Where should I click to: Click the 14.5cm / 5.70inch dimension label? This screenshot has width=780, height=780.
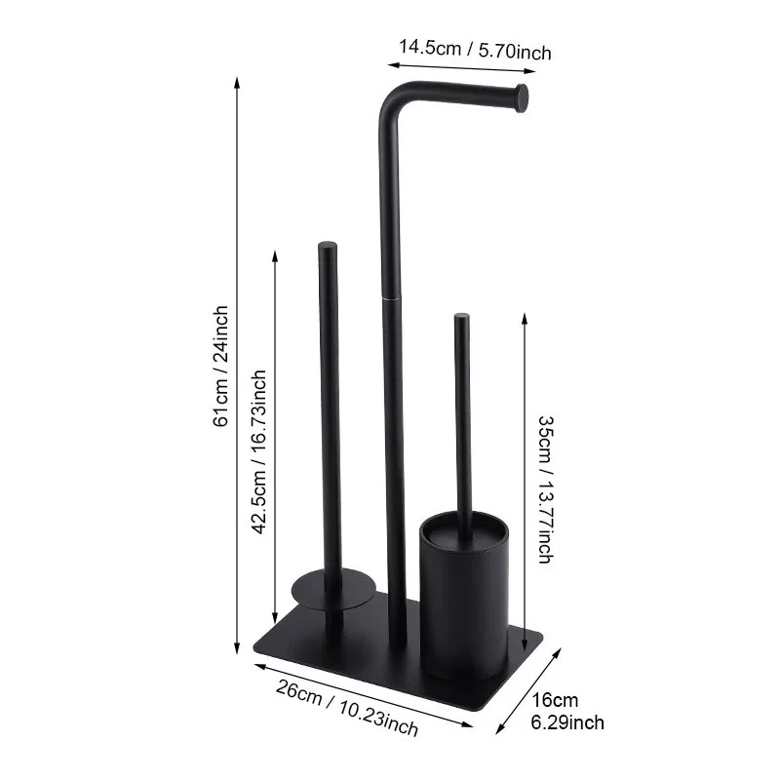pos(475,50)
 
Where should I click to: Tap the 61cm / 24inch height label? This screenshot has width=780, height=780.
pos(220,367)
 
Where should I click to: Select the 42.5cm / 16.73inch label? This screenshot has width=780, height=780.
pos(259,451)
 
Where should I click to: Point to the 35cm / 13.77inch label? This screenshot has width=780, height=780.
pos(546,489)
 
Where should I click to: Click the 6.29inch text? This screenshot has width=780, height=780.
pos(567,722)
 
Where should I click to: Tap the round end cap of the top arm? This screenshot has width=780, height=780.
pos(521,98)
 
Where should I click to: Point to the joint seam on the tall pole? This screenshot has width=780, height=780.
pos(391,298)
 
